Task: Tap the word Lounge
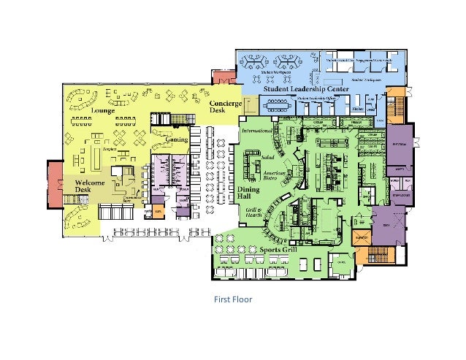pos(103,111)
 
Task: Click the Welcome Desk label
pos(90,186)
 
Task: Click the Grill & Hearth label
pos(252,212)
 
